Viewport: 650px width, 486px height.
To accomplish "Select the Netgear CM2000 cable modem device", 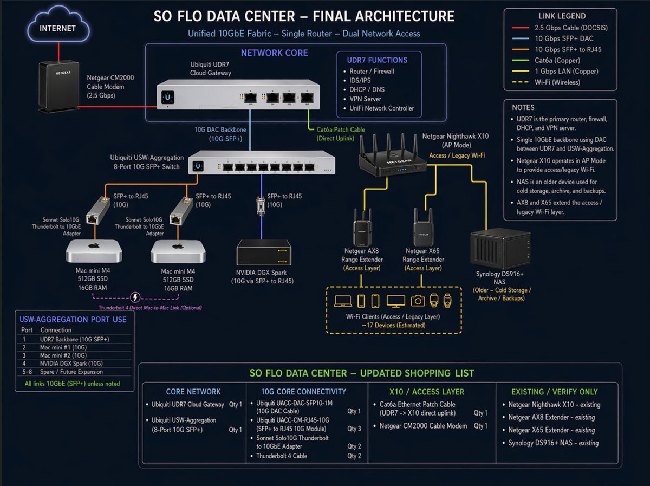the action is pos(59,87).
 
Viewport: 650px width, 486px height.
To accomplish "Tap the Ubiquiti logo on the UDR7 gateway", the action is pos(167,98).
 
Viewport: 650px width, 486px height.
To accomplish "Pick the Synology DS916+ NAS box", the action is pos(500,249).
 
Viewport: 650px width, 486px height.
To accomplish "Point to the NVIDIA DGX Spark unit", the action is pos(264,252).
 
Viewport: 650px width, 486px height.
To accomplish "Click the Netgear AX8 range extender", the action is pos(362,228).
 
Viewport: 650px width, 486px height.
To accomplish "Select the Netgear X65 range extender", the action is pos(423,228).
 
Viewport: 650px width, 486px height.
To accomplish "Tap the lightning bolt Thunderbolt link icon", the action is pos(135,297).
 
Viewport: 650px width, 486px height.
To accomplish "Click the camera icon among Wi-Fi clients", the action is pos(418,301).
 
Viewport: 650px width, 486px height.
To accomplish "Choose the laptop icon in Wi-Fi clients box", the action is pos(343,301).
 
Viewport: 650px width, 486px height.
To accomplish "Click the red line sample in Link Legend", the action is pos(521,28).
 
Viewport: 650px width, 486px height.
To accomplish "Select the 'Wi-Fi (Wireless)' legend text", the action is pos(557,82).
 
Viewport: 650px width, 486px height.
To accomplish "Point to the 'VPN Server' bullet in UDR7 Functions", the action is pos(365,99).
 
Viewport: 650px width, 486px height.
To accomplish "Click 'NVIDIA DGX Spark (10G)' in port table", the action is pos(71,364).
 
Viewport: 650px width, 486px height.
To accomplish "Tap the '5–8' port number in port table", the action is pos(27,372).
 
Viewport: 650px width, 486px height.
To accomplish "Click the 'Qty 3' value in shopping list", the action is pos(354,429).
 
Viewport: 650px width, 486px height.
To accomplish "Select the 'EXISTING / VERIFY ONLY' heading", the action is pos(554,392).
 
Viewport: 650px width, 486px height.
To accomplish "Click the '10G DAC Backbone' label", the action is pos(220,129).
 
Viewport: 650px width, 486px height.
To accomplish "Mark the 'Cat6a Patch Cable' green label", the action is pos(341,129).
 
